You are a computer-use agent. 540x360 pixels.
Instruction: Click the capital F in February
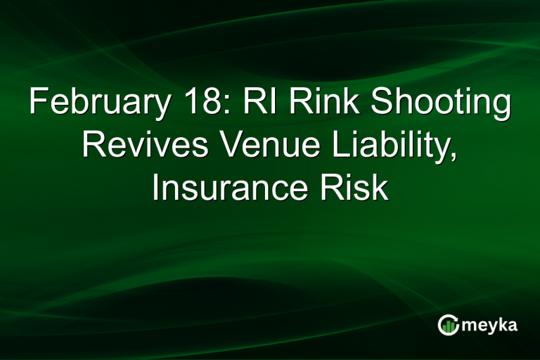click(37, 105)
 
